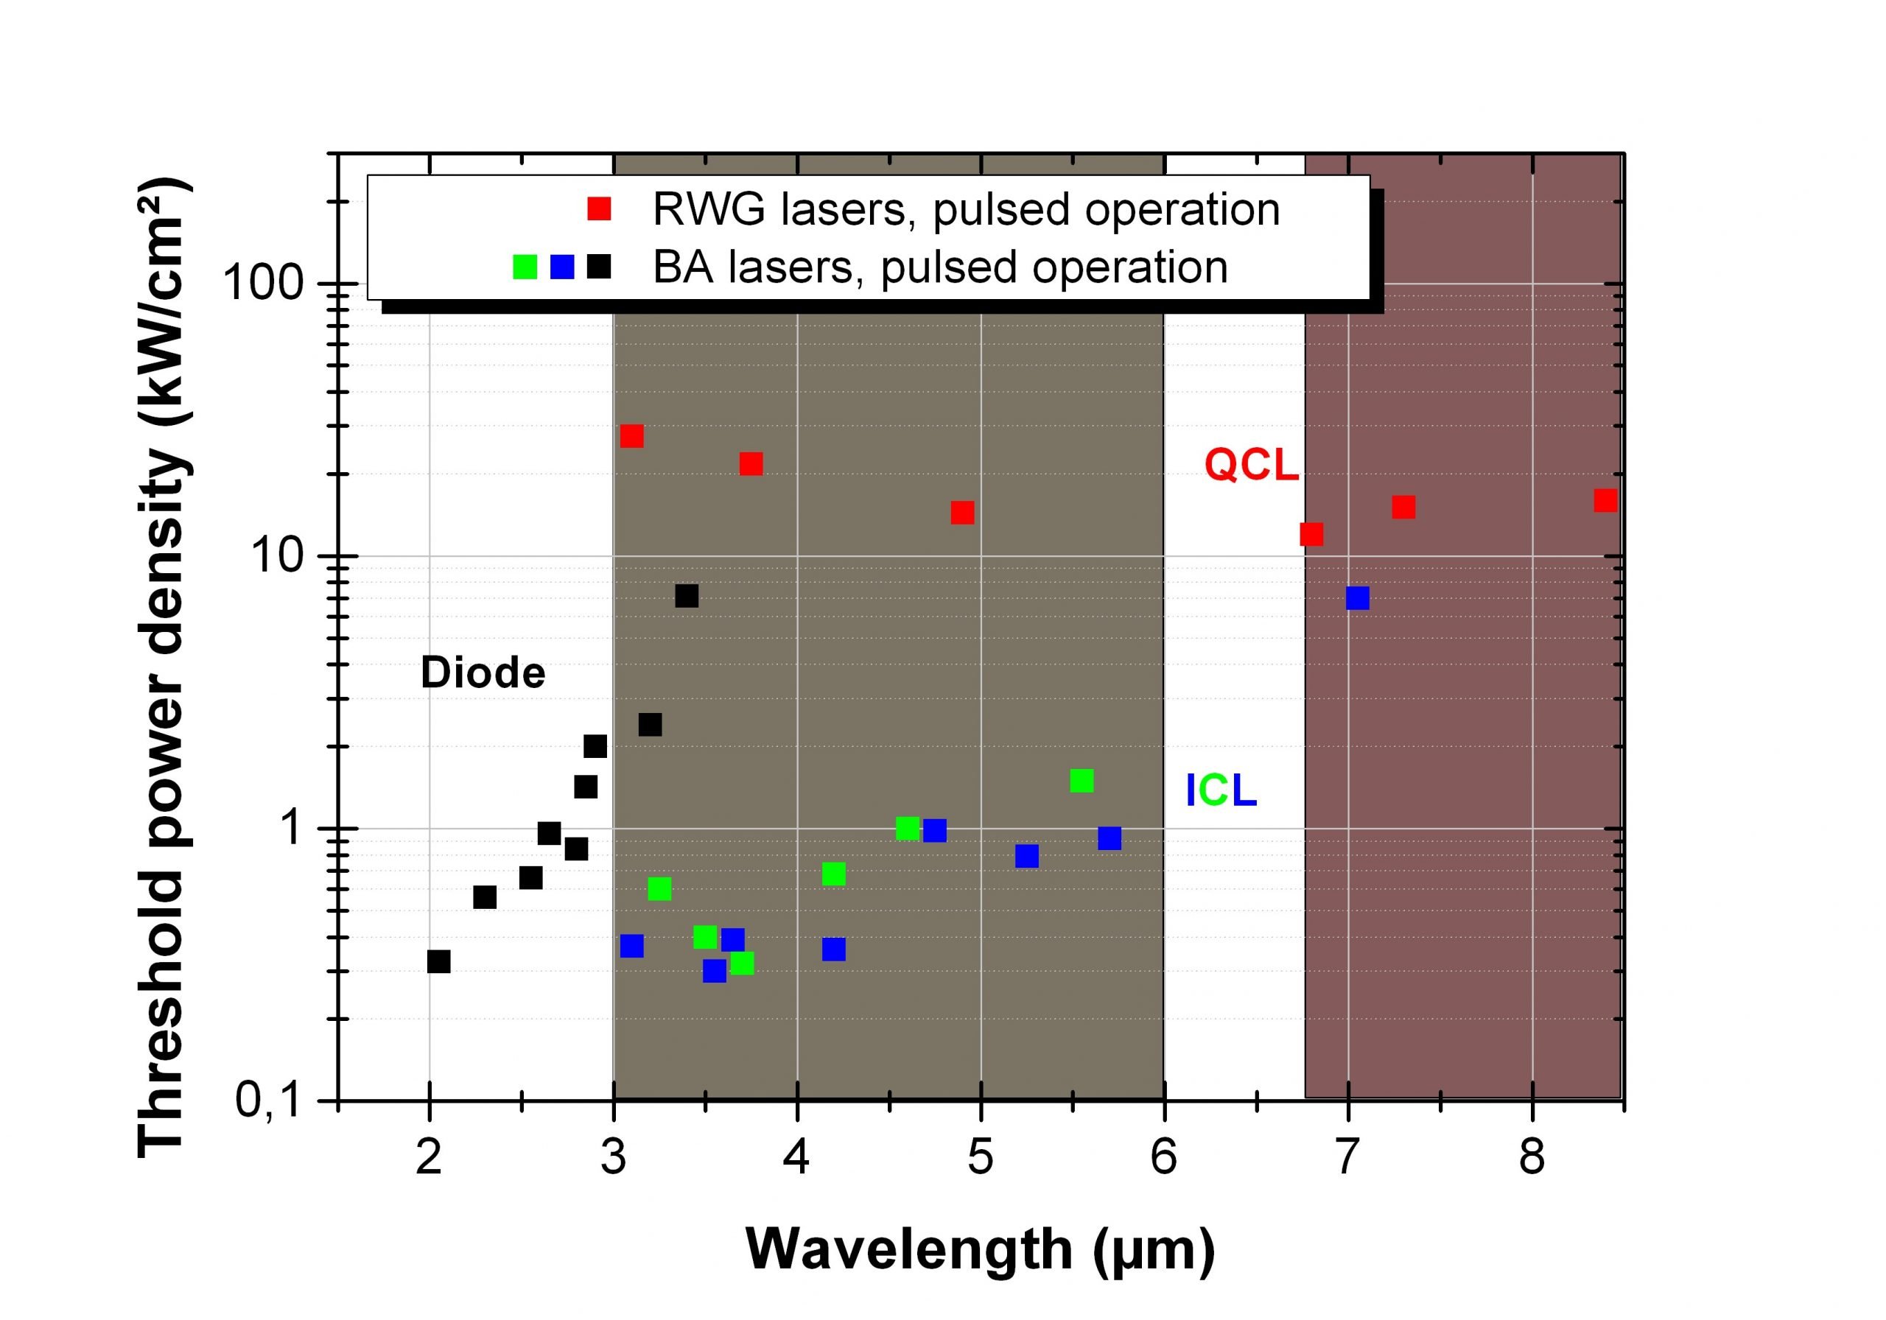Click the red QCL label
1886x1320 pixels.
pos(1251,465)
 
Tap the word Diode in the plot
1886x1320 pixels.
pos(483,673)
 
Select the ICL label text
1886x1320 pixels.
pos(1221,790)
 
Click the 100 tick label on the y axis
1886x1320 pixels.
pos(264,284)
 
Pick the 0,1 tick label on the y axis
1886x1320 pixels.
pos(270,1100)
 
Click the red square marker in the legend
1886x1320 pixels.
pos(600,208)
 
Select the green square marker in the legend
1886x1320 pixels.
pos(525,267)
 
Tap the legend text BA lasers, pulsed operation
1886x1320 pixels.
pos(940,267)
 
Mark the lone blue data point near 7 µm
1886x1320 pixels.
pos(1358,598)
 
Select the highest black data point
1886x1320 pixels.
pos(687,595)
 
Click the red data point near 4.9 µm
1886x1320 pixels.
pos(963,513)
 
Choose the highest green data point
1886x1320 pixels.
pos(1082,780)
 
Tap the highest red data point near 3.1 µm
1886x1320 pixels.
pos(631,435)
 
